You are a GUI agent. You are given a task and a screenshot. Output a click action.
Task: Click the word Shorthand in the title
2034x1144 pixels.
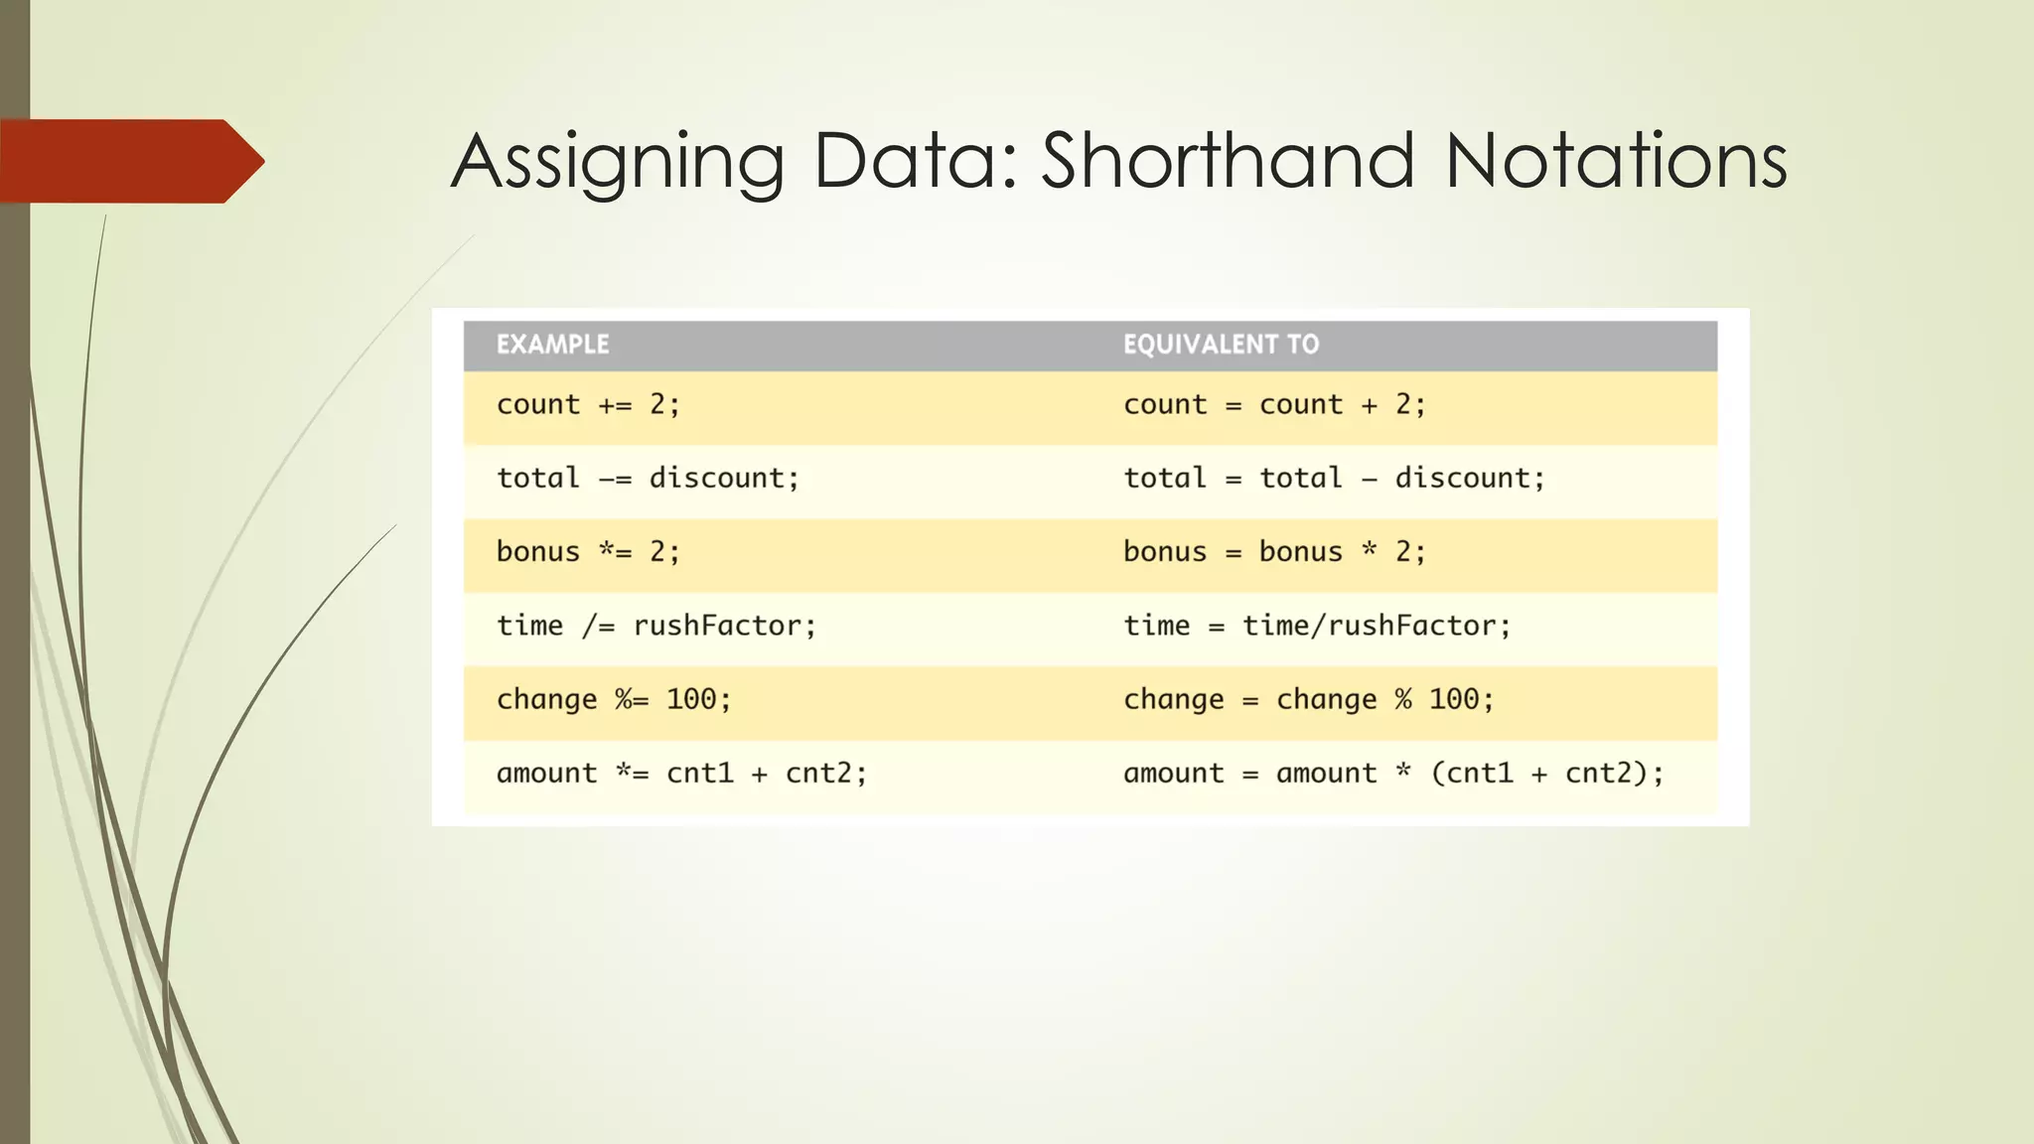1227,161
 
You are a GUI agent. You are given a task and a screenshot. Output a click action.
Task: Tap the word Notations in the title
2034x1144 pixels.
1615,161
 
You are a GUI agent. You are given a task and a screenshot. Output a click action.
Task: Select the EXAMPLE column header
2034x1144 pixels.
552,345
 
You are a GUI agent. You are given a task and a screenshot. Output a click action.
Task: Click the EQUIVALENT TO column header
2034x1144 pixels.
1221,345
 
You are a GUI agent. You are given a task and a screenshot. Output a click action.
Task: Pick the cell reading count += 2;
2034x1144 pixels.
588,405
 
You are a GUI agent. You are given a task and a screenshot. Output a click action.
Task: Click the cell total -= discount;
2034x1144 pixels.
648,479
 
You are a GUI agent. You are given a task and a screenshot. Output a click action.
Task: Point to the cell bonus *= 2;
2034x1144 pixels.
588,552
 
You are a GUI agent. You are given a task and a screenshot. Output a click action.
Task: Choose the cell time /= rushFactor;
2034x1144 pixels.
655,626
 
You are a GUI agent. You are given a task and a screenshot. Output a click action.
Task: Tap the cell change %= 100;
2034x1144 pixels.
614,699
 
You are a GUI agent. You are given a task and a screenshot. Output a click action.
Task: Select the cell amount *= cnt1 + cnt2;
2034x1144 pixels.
681,773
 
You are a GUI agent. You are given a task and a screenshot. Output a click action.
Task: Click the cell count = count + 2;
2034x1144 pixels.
1274,405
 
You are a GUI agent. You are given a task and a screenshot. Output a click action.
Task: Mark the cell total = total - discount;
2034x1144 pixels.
1334,479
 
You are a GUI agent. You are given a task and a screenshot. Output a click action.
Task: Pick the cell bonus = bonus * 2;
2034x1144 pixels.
1274,552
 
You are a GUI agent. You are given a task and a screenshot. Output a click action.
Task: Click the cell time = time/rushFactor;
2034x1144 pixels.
1317,626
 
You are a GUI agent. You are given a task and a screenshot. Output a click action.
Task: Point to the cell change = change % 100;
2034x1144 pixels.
1308,699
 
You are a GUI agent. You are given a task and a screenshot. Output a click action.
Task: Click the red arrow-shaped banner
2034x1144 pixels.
129,161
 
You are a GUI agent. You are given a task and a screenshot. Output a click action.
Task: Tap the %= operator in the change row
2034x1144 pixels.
632,699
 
